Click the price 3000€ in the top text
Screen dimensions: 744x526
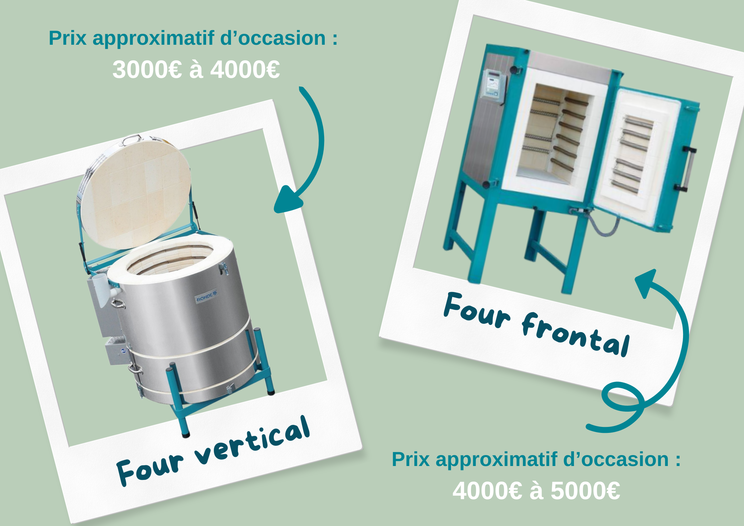[147, 70]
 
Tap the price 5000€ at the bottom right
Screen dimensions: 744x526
[585, 491]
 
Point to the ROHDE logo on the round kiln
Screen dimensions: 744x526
[206, 296]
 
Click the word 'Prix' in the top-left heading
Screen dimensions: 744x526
[68, 38]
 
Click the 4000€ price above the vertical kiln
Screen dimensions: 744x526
[245, 70]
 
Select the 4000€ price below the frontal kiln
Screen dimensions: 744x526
[487, 491]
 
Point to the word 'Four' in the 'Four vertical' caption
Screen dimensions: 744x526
[149, 469]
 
